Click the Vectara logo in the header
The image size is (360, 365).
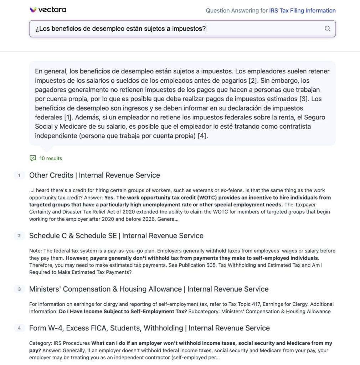coord(48,10)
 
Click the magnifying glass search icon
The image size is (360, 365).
coord(327,29)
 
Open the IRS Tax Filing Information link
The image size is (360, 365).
coord(302,11)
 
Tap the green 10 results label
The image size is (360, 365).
coord(51,158)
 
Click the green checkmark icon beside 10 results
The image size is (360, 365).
coord(33,158)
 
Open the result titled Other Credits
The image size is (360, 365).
coord(94,175)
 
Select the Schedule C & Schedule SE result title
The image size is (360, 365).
coord(116,236)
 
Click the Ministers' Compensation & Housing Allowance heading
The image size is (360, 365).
coord(149,289)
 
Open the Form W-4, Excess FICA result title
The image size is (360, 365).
coord(149,328)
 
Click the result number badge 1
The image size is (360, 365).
coord(19,175)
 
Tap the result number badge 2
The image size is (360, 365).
coord(19,236)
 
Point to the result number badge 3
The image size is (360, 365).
coord(19,289)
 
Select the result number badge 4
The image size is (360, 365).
coord(19,328)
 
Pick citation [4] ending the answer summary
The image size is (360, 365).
coord(202,136)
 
